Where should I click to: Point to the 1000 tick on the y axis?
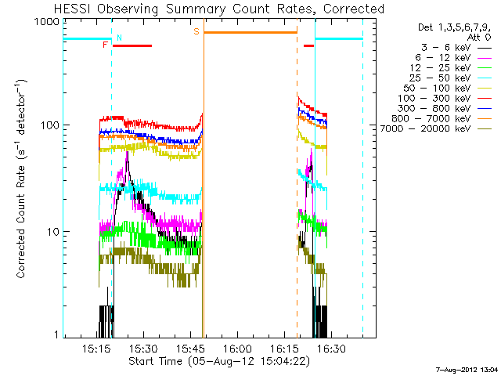tap(42, 23)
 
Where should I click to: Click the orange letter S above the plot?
tap(196, 31)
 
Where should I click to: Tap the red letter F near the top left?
tap(105, 45)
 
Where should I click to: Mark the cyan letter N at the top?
tap(119, 37)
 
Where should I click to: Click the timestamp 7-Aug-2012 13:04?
tap(467, 369)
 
